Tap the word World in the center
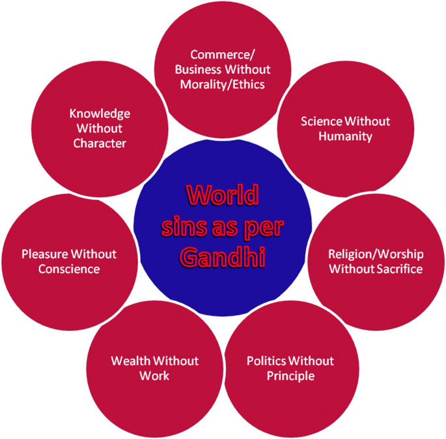pyautogui.click(x=222, y=195)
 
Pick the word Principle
pyautogui.click(x=290, y=376)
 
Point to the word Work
pyautogui.click(x=154, y=376)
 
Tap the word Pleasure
pyautogui.click(x=45, y=253)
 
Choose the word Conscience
pyautogui.click(x=68, y=268)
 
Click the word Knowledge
pyautogui.click(x=100, y=113)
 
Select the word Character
pyautogui.click(x=100, y=143)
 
